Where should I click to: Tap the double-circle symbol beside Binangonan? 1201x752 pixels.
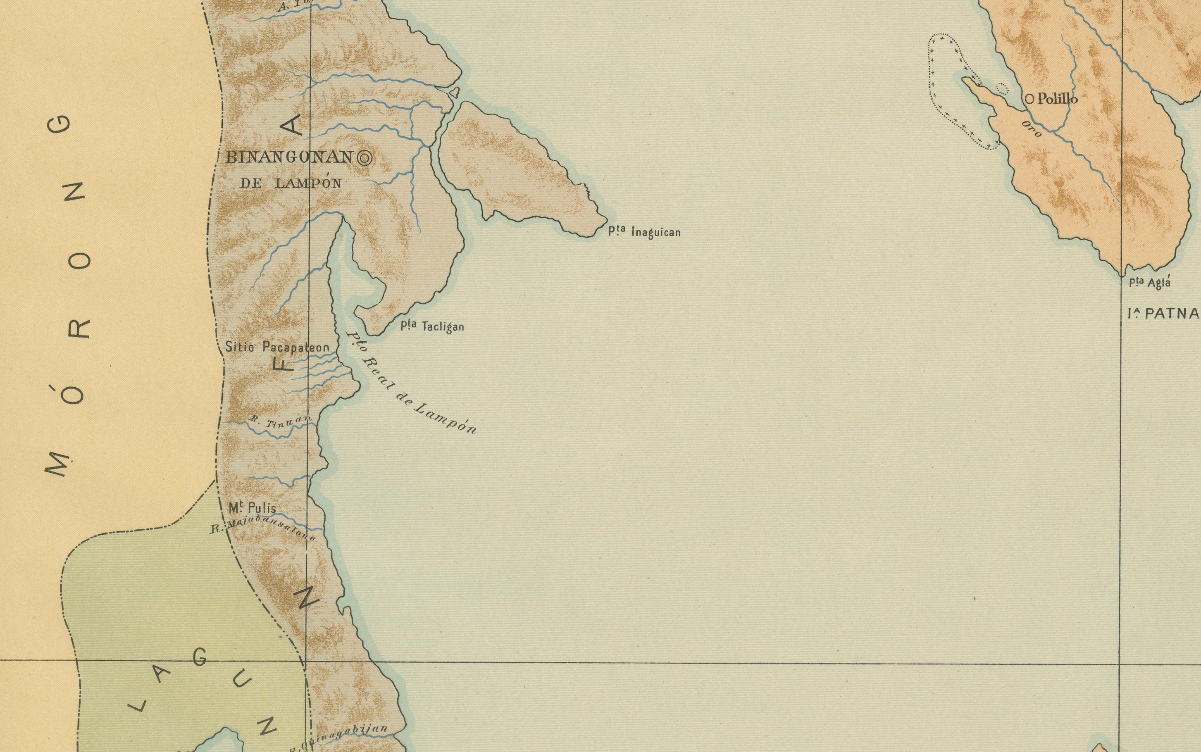click(365, 158)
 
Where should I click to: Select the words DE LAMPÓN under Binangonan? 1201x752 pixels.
click(291, 183)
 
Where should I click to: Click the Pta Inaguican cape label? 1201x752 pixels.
click(644, 231)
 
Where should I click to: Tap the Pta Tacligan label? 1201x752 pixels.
click(432, 326)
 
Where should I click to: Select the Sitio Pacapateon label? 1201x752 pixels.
click(277, 347)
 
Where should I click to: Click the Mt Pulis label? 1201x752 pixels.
click(252, 508)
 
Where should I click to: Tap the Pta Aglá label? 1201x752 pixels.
click(1149, 283)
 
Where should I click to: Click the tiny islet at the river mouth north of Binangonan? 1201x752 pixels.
click(453, 92)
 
